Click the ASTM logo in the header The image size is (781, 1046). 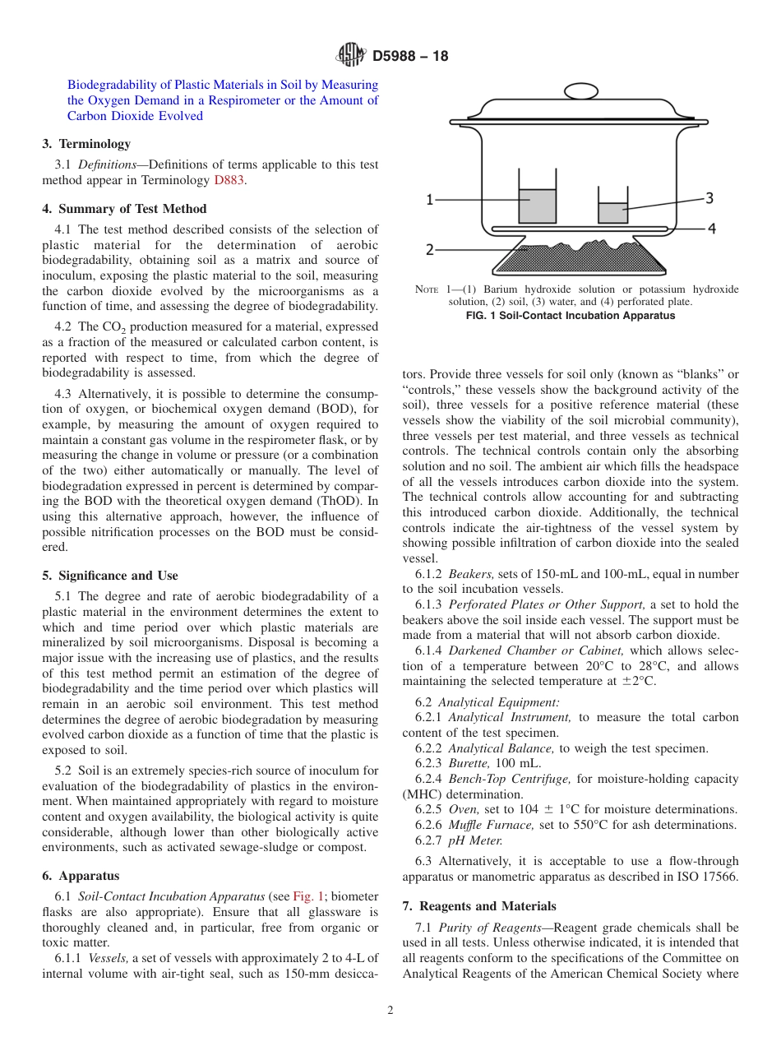coord(350,56)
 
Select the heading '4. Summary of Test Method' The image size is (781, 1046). coord(124,209)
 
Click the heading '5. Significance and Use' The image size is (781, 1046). coord(110,576)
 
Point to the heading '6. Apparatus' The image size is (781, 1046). coord(81,876)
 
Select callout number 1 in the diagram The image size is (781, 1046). coord(429,199)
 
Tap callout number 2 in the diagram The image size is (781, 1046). coord(429,248)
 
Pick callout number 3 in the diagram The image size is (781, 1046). coord(709,197)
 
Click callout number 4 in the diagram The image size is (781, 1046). coord(711,228)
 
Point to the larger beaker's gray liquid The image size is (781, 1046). coord(537,206)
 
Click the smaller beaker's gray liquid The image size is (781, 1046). coord(612,212)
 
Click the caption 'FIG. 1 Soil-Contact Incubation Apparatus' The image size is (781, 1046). coord(570,316)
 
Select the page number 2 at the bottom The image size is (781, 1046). coord(390,1011)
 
